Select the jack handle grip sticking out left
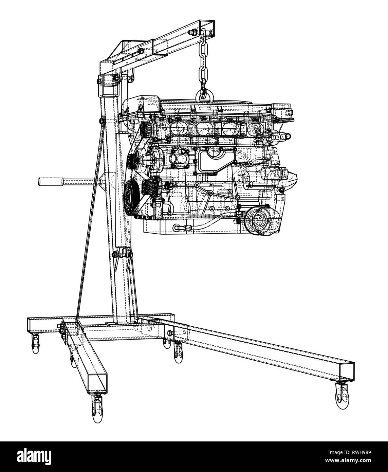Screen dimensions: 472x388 49,182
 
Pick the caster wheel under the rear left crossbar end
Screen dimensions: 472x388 36,345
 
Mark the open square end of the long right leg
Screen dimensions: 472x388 347,371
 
